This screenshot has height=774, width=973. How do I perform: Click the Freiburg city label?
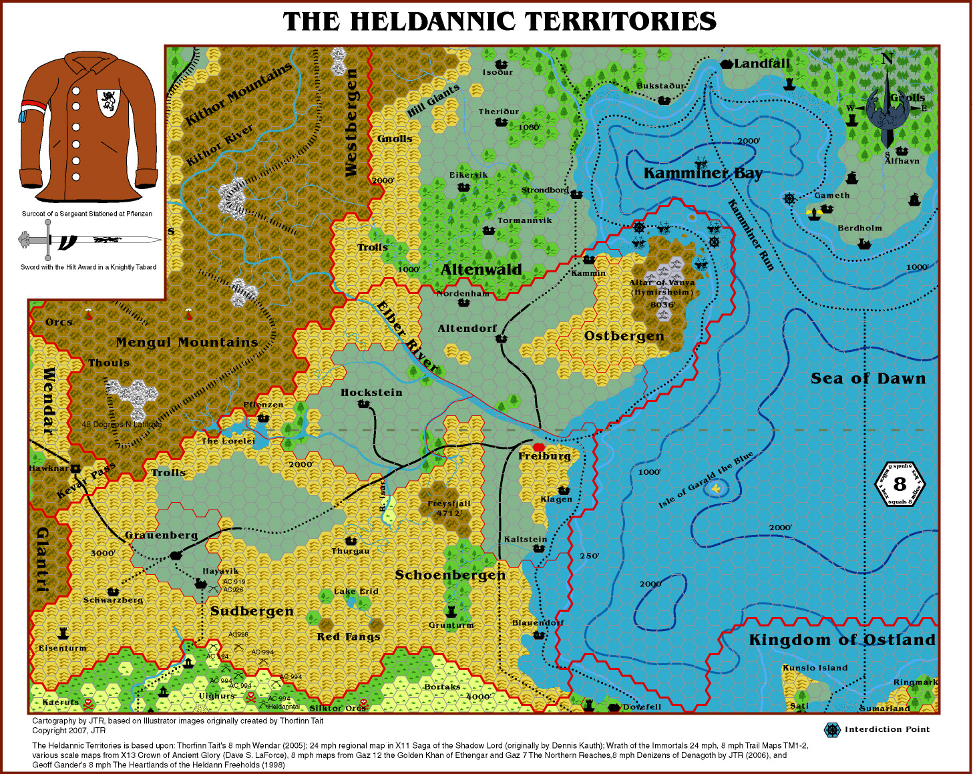point(544,456)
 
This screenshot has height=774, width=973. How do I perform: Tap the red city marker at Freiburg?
point(539,447)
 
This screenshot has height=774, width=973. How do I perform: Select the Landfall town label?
point(761,63)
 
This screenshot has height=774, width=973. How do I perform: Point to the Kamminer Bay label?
point(703,173)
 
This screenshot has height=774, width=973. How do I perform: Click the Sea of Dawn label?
point(868,379)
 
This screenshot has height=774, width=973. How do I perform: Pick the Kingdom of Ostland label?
point(841,640)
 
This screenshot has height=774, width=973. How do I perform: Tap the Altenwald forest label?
point(481,270)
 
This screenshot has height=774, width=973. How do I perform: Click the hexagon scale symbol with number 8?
point(900,484)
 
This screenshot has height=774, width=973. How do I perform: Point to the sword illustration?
point(91,240)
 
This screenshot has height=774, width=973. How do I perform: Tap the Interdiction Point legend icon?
point(831,730)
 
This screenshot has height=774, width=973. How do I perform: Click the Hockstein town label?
point(371,393)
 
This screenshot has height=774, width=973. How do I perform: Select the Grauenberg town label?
point(161,536)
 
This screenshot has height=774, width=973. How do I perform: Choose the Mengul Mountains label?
point(186,343)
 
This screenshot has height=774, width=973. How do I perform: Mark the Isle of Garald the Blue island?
point(716,490)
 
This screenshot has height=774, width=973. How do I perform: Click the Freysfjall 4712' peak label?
point(449,508)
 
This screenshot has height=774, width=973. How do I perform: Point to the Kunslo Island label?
point(815,668)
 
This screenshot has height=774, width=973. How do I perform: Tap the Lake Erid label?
point(356,592)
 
